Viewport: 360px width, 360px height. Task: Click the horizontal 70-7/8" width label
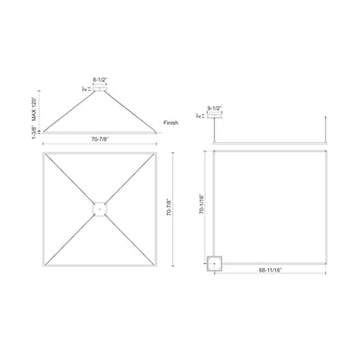point(100,138)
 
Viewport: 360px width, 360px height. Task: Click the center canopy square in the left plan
point(100,208)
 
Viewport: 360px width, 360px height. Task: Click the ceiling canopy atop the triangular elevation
point(100,87)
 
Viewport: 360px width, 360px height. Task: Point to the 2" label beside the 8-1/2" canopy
point(85,87)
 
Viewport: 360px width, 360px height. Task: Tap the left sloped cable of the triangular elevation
point(65,107)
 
